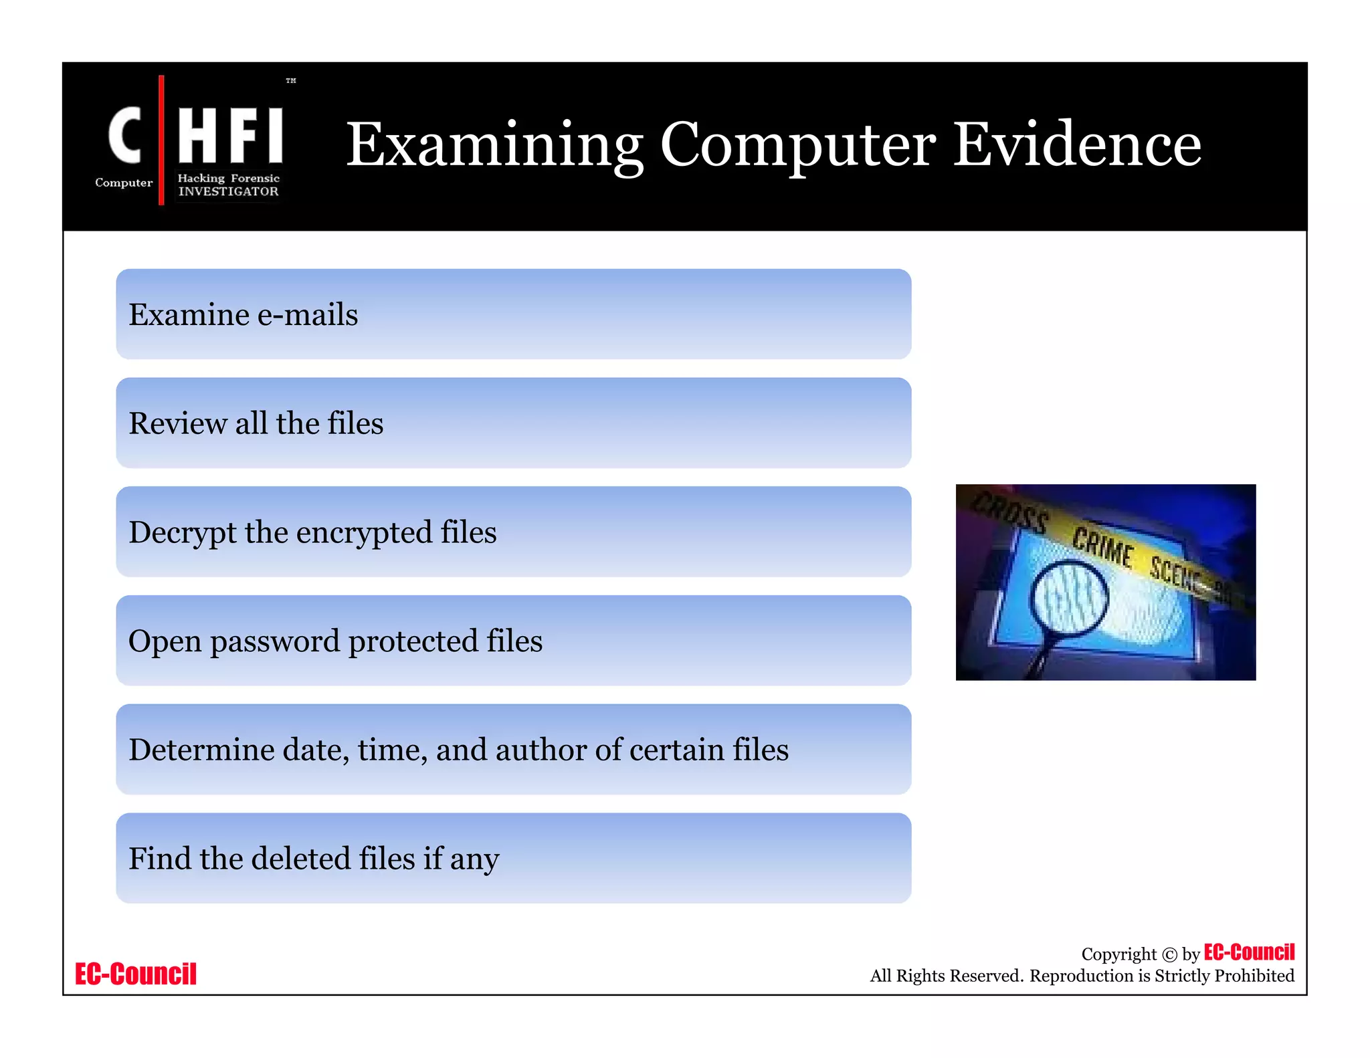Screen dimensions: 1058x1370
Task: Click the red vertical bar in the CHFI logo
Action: pyautogui.click(x=161, y=140)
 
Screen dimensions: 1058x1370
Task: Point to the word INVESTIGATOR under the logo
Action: pyautogui.click(x=228, y=191)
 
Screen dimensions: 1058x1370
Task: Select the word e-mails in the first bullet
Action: pyautogui.click(x=308, y=314)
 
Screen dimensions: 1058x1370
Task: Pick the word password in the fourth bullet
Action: pyautogui.click(x=275, y=641)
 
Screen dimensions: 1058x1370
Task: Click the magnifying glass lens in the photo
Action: pyautogui.click(x=1068, y=598)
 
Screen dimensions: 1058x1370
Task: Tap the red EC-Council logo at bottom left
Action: pyautogui.click(x=136, y=974)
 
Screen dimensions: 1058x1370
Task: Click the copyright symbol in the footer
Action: pyautogui.click(x=1169, y=954)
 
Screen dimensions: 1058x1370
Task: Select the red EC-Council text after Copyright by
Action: pyautogui.click(x=1249, y=952)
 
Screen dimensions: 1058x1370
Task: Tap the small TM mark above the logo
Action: pyautogui.click(x=291, y=81)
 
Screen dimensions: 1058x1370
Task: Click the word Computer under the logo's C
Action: pyautogui.click(x=124, y=183)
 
